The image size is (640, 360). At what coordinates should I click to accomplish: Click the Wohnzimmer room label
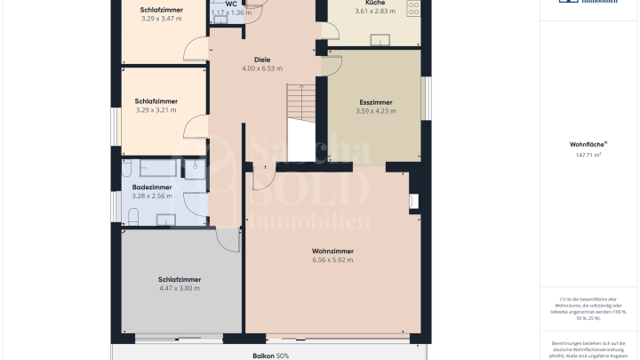pyautogui.click(x=332, y=251)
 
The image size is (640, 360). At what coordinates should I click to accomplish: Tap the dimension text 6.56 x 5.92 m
pyautogui.click(x=332, y=260)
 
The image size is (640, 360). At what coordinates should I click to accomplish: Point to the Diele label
pyautogui.click(x=262, y=60)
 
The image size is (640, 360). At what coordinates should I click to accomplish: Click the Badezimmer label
pyautogui.click(x=151, y=188)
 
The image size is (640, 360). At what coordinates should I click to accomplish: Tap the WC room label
pyautogui.click(x=231, y=4)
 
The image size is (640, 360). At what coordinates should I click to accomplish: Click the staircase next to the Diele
pyautogui.click(x=301, y=107)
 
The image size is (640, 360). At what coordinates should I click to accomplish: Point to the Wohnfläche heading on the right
pyautogui.click(x=588, y=143)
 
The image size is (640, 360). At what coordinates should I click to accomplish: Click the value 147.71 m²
pyautogui.click(x=588, y=155)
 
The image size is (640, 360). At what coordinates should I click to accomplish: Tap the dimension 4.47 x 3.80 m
pyautogui.click(x=180, y=288)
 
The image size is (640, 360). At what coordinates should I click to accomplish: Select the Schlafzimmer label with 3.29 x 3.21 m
pyautogui.click(x=156, y=100)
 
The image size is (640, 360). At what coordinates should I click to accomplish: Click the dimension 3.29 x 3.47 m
pyautogui.click(x=161, y=18)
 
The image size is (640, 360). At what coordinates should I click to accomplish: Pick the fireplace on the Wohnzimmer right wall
pyautogui.click(x=413, y=202)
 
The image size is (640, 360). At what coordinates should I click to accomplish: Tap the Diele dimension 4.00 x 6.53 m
pyautogui.click(x=262, y=68)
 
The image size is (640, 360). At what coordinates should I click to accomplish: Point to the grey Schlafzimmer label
pyautogui.click(x=180, y=278)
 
